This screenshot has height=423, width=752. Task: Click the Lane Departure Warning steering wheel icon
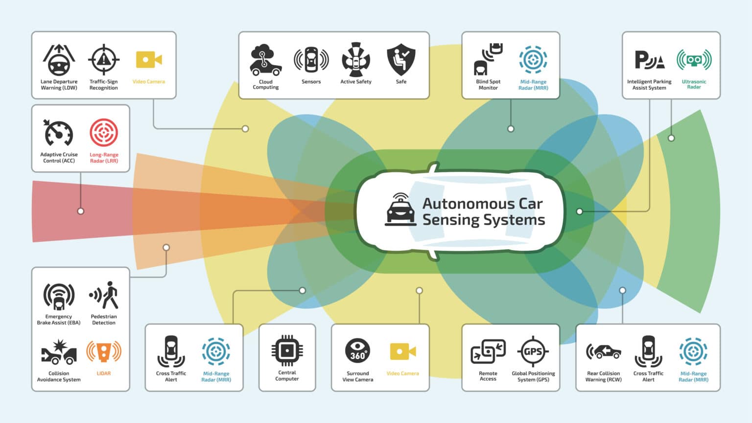coord(59,60)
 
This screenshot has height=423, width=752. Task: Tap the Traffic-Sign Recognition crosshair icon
coord(103,60)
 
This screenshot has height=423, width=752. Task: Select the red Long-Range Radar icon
coord(104,133)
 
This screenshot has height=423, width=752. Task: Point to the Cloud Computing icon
coord(265,60)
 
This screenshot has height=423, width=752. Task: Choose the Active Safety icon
coord(356,60)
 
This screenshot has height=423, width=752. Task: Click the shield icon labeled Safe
coord(401,60)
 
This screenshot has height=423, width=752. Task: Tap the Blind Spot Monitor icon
coord(488,60)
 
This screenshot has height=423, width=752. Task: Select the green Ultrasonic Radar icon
coord(694,60)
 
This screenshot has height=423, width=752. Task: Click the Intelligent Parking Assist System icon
coord(649,60)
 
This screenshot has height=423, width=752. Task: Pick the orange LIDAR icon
coord(104,352)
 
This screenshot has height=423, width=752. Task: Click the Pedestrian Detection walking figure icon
coord(104,295)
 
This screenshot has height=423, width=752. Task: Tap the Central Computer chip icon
coord(287,351)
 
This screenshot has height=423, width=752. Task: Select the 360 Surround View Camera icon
coord(358,351)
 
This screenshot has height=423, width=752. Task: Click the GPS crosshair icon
coord(533,351)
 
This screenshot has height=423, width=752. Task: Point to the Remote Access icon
coord(488,351)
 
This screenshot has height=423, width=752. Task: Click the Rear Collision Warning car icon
coord(603,351)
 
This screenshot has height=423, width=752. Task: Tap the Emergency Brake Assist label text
coord(59,320)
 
